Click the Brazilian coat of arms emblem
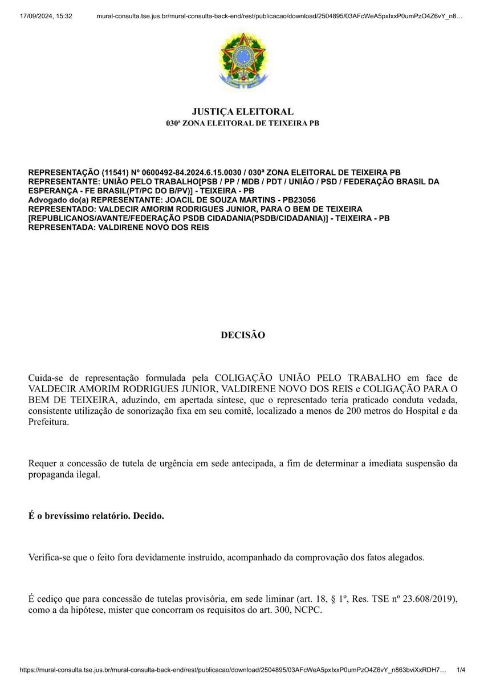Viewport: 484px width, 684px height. coord(242,62)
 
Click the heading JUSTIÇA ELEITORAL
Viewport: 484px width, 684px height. coord(242,112)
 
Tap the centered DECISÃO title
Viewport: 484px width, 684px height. coord(243,335)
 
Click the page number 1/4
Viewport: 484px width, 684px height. coord(461,670)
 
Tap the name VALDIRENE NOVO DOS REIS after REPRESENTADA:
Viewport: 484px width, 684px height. coord(154,227)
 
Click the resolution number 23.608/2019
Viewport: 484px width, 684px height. coord(429,599)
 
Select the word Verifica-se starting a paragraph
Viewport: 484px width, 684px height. coord(50,557)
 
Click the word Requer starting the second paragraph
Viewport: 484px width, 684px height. coord(43,463)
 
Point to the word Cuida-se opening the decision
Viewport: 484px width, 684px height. coord(48,378)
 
